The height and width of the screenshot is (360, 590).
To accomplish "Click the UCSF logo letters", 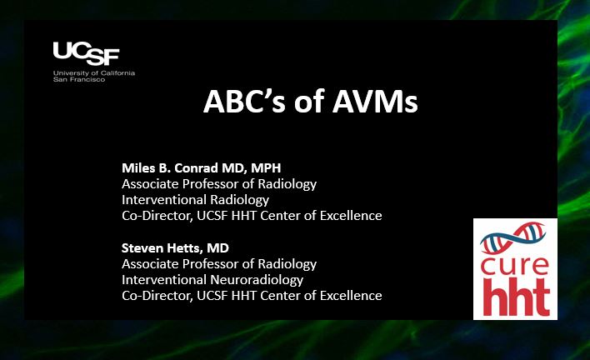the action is point(86,53).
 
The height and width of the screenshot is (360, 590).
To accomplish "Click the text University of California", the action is point(94,73).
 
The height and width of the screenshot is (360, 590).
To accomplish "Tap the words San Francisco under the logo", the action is point(79,79).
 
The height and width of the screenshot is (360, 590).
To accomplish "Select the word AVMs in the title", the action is point(375,102).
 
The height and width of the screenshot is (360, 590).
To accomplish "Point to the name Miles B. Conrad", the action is point(170,167).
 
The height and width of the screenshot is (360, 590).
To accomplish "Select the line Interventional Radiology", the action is point(195,200).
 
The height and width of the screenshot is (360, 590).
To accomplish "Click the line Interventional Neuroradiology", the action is point(212,280).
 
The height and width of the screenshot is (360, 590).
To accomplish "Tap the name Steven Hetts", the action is point(162,247).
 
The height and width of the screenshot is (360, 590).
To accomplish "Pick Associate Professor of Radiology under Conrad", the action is point(219,184).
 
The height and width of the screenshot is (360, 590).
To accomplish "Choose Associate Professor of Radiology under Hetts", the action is point(219,264).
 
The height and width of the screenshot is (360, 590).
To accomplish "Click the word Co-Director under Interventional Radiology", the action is point(156,216).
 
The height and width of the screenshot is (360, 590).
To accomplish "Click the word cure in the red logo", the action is point(514,266).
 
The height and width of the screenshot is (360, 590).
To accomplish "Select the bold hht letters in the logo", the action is point(516,297).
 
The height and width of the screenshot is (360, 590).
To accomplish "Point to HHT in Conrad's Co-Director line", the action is point(244,216).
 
